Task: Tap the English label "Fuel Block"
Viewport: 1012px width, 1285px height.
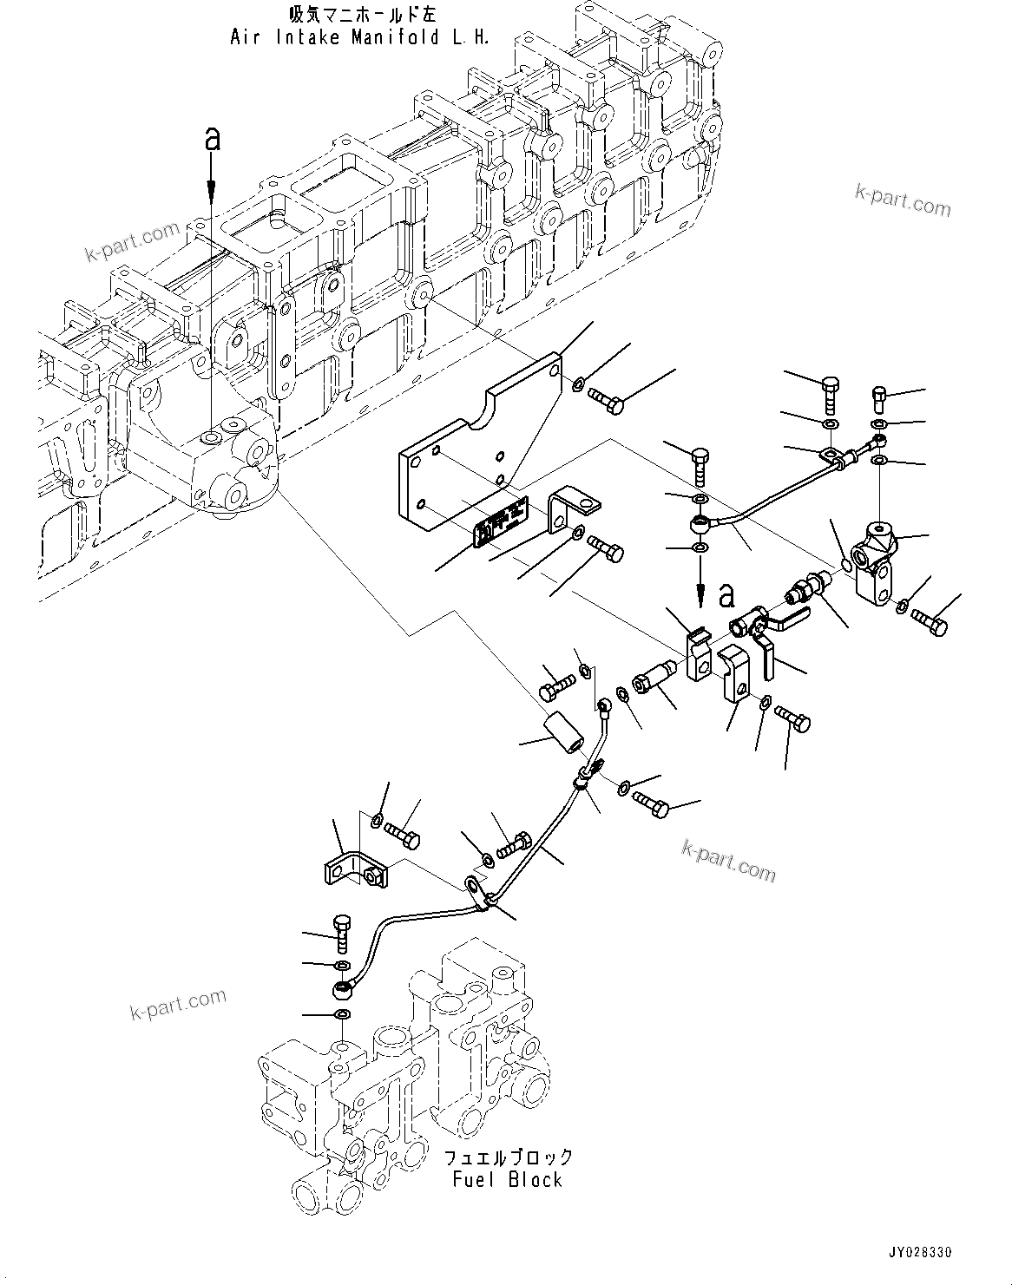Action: tap(507, 1180)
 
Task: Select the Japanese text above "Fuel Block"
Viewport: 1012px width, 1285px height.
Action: tap(508, 1157)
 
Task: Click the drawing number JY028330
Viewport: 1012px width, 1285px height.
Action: tap(920, 1254)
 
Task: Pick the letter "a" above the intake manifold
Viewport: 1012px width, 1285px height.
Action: tap(211, 139)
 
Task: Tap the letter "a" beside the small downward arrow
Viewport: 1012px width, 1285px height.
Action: tap(726, 595)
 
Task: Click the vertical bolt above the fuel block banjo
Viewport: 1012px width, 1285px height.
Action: tap(341, 933)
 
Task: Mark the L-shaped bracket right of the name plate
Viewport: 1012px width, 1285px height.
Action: tap(568, 509)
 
